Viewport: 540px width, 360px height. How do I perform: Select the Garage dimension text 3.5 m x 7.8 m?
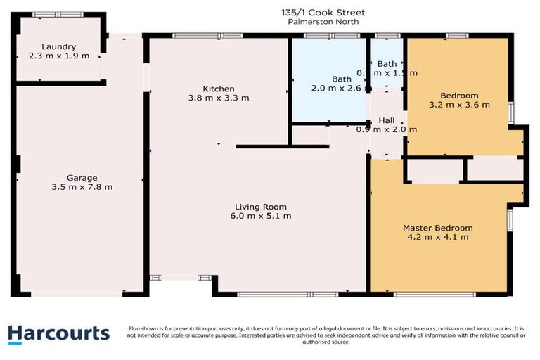82,187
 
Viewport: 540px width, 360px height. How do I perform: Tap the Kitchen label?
219,89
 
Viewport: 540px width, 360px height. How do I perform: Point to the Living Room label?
261,207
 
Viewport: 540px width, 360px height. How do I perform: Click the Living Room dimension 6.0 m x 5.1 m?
261,216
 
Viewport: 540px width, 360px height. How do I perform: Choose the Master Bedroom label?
437,228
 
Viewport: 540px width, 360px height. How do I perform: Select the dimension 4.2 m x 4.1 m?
437,237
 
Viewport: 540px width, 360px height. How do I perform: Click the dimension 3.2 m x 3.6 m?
459,105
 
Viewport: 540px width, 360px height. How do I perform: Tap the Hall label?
387,120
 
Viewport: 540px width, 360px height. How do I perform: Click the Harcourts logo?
59,333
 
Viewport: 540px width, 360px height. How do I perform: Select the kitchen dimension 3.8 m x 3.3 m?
219,98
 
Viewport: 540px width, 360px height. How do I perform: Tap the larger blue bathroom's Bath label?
341,79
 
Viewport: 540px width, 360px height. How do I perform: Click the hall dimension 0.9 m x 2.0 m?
387,129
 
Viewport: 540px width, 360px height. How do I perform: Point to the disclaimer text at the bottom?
326,335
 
